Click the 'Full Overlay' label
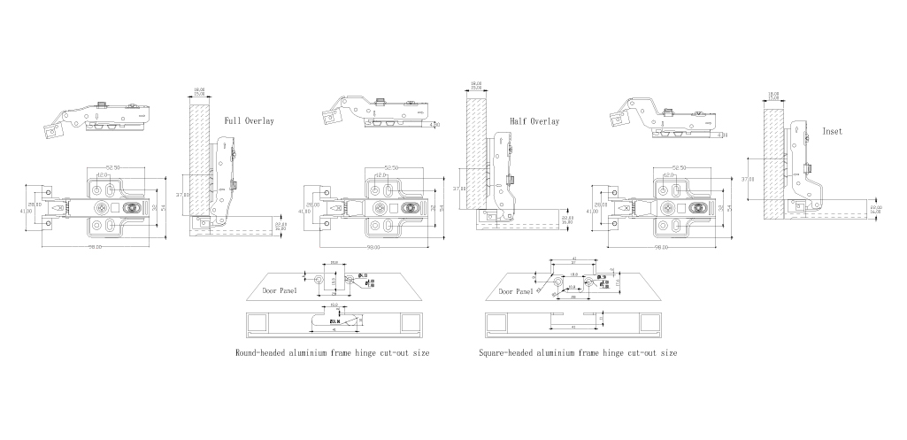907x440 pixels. tap(249, 120)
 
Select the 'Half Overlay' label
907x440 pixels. tap(534, 121)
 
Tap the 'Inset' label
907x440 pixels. tap(833, 130)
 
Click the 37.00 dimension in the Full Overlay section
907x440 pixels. tap(182, 194)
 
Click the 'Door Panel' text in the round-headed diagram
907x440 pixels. tap(280, 289)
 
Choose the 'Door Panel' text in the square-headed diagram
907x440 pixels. tap(518, 291)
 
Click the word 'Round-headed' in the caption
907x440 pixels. tap(262, 352)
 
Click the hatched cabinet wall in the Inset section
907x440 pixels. tap(774, 159)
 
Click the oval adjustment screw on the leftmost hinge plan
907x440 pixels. tap(134, 207)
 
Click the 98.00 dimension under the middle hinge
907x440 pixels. tap(375, 247)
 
